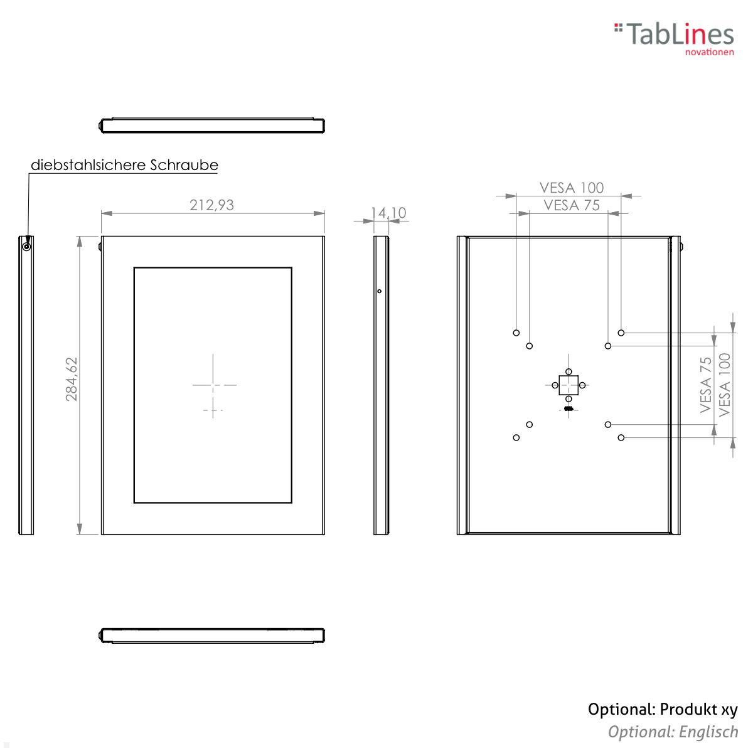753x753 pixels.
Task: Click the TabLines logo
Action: [x=674, y=36]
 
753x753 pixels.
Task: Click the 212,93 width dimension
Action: [x=211, y=205]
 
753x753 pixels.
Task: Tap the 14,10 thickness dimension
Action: [x=388, y=213]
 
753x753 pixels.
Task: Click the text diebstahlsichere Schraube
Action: [x=124, y=165]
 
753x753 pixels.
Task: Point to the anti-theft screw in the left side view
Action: [x=26, y=246]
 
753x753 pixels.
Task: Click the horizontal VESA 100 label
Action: [x=571, y=187]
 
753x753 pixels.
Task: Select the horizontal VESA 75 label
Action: [x=571, y=205]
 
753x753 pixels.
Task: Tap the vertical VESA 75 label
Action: [x=706, y=384]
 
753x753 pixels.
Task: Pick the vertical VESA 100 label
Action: [x=725, y=384]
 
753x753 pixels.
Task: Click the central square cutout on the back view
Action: [x=569, y=385]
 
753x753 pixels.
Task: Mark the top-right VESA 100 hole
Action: [x=621, y=333]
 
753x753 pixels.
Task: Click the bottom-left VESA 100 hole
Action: [x=516, y=437]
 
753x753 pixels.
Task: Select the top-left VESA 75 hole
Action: [x=530, y=346]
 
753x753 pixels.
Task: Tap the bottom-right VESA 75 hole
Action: [x=608, y=425]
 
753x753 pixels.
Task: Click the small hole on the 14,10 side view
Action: [x=379, y=291]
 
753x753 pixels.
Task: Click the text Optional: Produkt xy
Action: [x=663, y=710]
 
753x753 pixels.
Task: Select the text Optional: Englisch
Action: [x=673, y=732]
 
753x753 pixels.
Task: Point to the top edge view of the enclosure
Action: [x=212, y=125]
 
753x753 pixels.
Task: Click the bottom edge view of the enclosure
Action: [x=212, y=635]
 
